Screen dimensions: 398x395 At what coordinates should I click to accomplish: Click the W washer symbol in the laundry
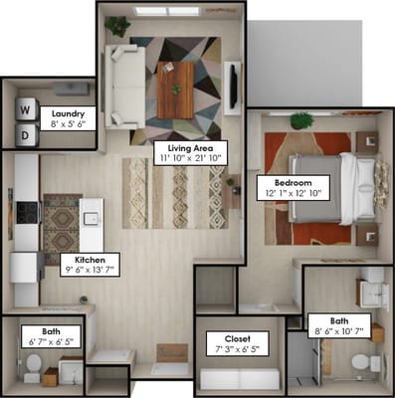pyautogui.click(x=26, y=108)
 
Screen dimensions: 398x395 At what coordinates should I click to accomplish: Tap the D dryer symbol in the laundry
pyautogui.click(x=26, y=132)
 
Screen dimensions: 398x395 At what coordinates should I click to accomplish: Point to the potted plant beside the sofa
pyautogui.click(x=117, y=25)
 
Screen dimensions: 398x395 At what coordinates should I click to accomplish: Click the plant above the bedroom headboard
pyautogui.click(x=301, y=120)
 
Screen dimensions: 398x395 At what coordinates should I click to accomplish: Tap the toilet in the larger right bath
pyautogui.click(x=374, y=360)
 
